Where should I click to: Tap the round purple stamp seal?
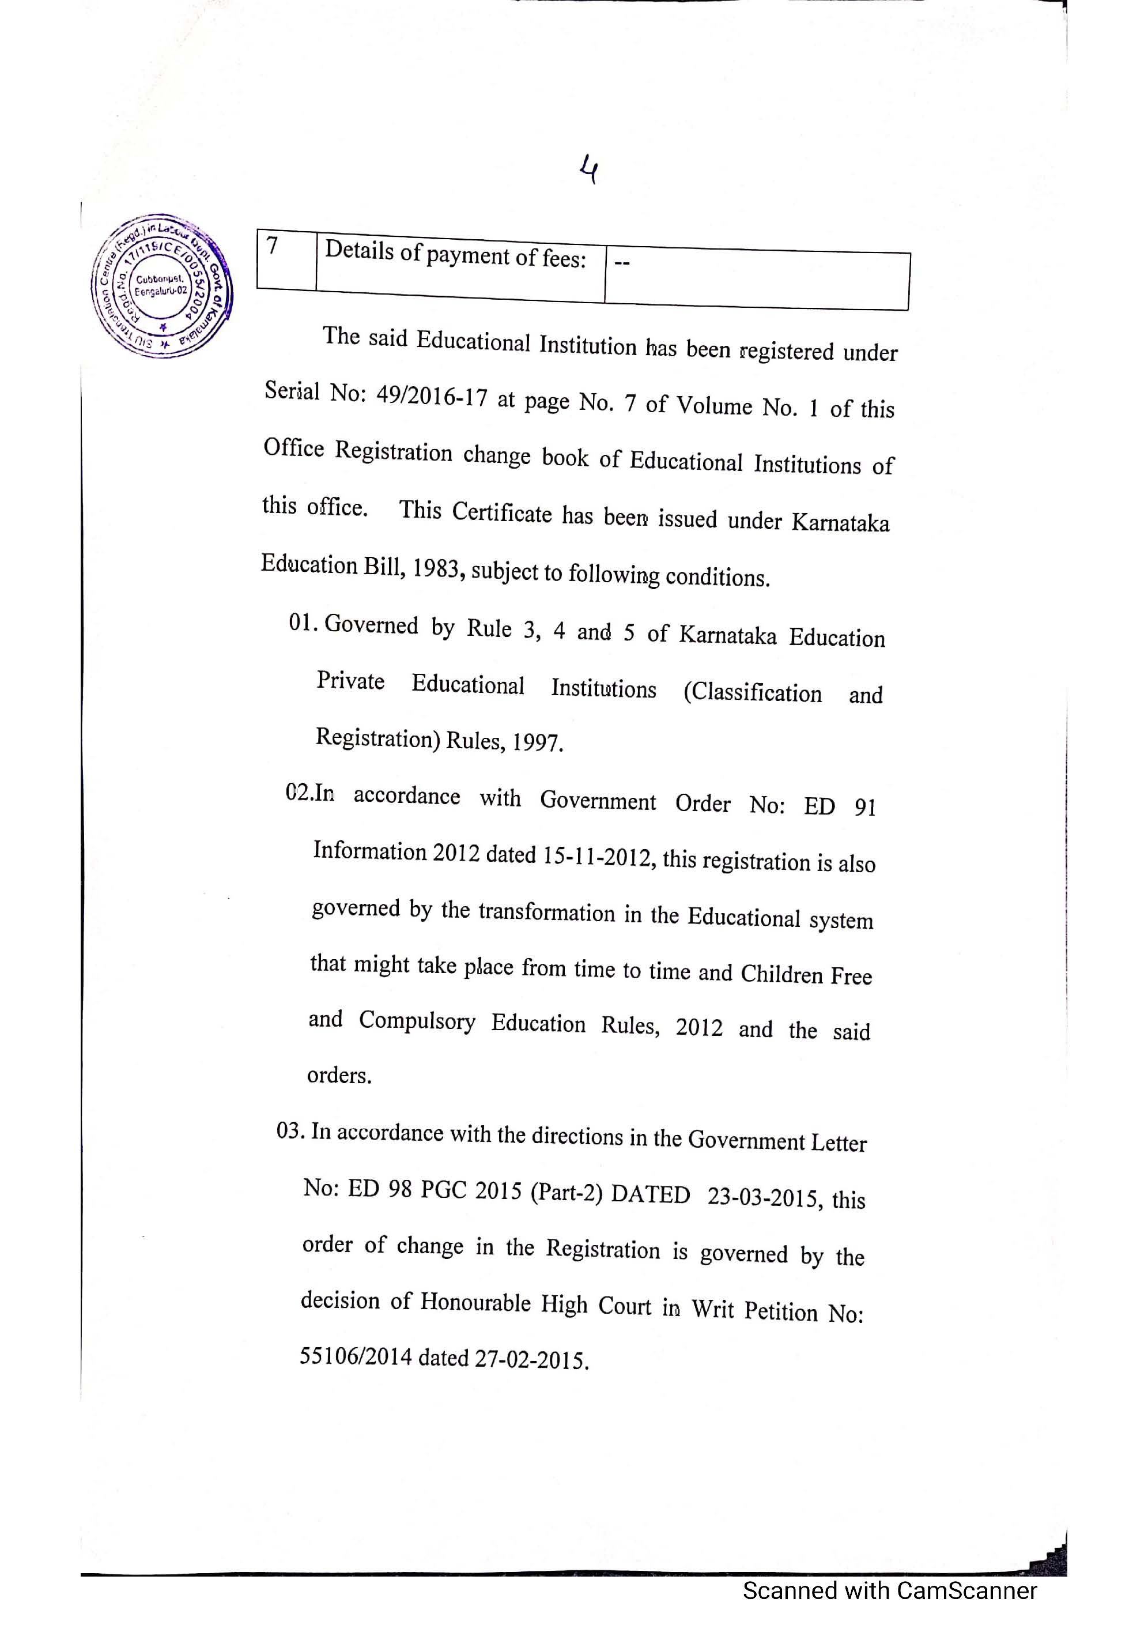(161, 285)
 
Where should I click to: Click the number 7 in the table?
(273, 246)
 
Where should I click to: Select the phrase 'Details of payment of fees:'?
(455, 254)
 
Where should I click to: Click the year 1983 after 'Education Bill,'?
(436, 568)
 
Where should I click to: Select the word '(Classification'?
(752, 692)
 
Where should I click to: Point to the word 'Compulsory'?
(417, 1020)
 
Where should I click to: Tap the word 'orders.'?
(339, 1075)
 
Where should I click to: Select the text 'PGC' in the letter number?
(443, 1190)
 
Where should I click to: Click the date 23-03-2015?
(764, 1196)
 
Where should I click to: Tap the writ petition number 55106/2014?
(356, 1356)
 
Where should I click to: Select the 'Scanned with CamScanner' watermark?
(889, 1590)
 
